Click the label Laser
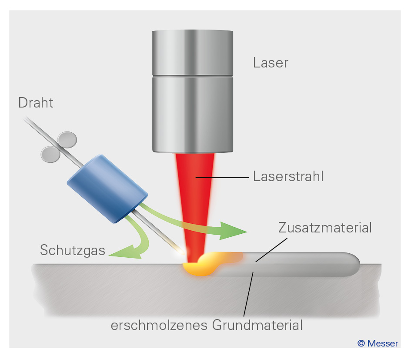pos(271,63)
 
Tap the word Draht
pos(36,103)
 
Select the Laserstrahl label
pos(288,177)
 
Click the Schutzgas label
pos(73,250)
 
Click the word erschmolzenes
pos(160,325)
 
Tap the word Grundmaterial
pos(257,325)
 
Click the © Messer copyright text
pos(378,343)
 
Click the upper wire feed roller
pos(67,139)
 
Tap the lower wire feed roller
pos(50,153)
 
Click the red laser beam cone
pos(195,196)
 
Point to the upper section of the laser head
pos(193,52)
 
